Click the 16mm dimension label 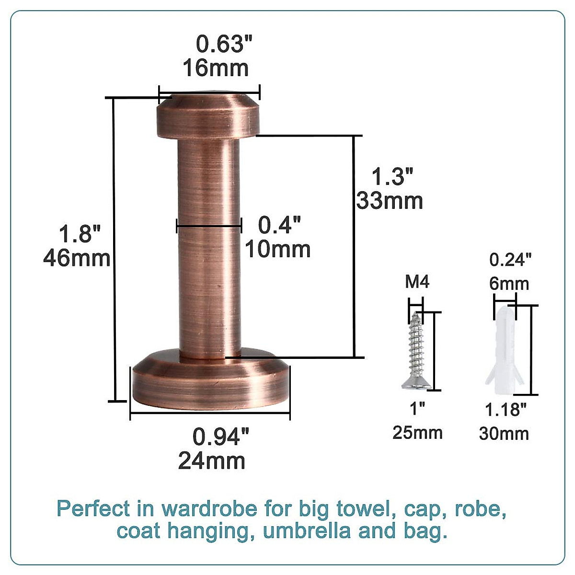click(215, 68)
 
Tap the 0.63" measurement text click(224, 45)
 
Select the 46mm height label click(77, 259)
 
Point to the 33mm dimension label click(390, 201)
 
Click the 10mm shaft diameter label click(278, 249)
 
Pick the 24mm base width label click(212, 461)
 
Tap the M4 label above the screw click(417, 282)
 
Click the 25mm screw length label click(417, 432)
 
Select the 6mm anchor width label click(509, 284)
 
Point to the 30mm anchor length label click(504, 434)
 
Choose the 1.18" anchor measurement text click(506, 410)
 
